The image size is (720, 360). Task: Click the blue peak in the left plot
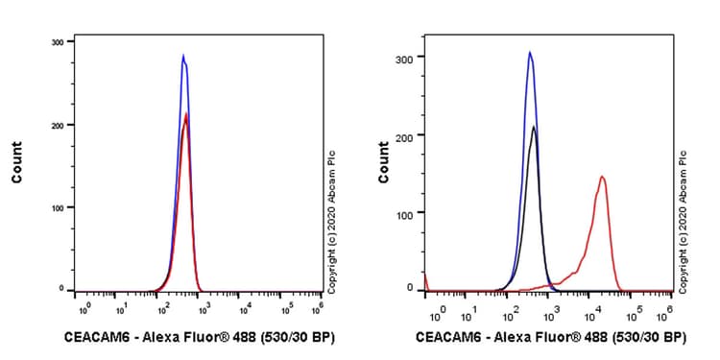click(x=183, y=56)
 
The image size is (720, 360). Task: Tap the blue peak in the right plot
click(x=530, y=53)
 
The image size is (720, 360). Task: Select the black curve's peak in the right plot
click(x=533, y=127)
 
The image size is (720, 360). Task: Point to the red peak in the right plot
click(x=602, y=177)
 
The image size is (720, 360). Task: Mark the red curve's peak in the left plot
click(x=186, y=114)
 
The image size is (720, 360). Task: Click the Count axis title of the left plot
click(x=17, y=163)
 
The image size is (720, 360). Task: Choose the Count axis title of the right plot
click(x=384, y=163)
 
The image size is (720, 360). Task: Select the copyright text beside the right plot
click(x=683, y=221)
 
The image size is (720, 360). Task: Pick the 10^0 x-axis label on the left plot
click(x=84, y=309)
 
